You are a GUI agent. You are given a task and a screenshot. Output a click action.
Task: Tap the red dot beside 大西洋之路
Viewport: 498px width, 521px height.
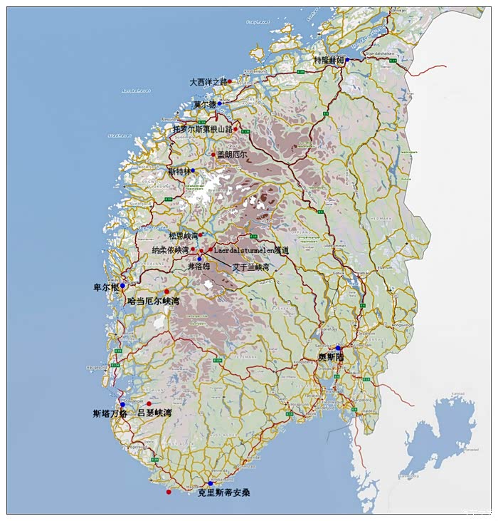tap(230, 81)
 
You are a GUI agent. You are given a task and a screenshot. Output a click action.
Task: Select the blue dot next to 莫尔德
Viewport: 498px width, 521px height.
tap(220, 103)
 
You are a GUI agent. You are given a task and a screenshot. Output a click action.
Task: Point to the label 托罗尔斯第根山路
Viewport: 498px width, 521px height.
tap(203, 129)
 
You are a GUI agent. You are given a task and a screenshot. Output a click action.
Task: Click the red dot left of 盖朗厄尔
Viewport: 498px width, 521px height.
tap(213, 154)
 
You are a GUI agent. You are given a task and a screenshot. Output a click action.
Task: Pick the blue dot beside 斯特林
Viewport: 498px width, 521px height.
tap(193, 171)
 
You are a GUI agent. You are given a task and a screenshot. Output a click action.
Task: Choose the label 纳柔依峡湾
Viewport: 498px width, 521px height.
tap(171, 250)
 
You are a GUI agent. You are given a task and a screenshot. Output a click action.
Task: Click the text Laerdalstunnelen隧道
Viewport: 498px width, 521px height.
tap(251, 251)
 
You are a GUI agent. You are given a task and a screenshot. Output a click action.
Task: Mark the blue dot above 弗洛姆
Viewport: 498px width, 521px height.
tap(199, 258)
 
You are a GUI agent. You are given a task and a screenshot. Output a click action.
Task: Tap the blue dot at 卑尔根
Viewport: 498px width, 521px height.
tap(122, 286)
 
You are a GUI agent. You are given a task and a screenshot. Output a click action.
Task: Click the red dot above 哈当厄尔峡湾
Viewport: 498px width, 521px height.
tap(166, 292)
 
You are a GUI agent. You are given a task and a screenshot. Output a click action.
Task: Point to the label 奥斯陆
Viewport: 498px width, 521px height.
tap(331, 356)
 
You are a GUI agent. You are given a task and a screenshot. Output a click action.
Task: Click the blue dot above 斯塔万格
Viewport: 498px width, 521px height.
tap(122, 405)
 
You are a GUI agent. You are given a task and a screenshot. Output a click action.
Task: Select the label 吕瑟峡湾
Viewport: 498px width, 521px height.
tap(154, 413)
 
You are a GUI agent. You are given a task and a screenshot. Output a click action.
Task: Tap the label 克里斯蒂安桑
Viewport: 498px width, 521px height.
tap(223, 492)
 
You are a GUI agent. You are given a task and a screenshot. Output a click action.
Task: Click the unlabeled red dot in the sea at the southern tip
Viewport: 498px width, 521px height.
tap(169, 492)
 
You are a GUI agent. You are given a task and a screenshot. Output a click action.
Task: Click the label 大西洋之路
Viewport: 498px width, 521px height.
tap(208, 82)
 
